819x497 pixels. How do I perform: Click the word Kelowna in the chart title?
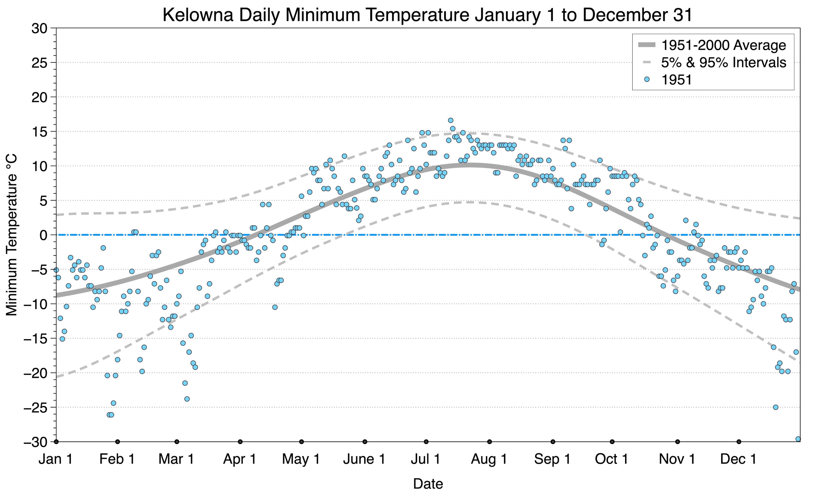198,15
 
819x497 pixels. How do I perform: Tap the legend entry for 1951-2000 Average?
723,45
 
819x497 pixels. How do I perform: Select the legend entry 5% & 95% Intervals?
723,62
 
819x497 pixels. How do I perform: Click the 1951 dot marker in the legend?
647,79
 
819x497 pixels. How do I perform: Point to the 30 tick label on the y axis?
39,28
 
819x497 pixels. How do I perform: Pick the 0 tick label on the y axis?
43,235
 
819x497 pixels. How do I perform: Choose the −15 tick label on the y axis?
35,339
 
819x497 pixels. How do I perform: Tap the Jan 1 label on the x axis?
56,459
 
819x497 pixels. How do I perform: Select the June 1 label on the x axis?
364,459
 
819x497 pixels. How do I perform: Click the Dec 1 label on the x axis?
738,459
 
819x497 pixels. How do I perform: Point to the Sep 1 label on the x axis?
552,459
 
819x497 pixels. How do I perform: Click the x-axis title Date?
428,484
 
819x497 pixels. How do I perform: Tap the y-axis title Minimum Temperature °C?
11,235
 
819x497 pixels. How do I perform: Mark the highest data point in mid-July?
450,120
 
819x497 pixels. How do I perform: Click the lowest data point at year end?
798,439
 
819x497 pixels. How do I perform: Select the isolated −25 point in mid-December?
776,407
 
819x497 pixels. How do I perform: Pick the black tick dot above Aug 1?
489,442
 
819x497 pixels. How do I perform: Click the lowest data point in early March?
187,399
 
